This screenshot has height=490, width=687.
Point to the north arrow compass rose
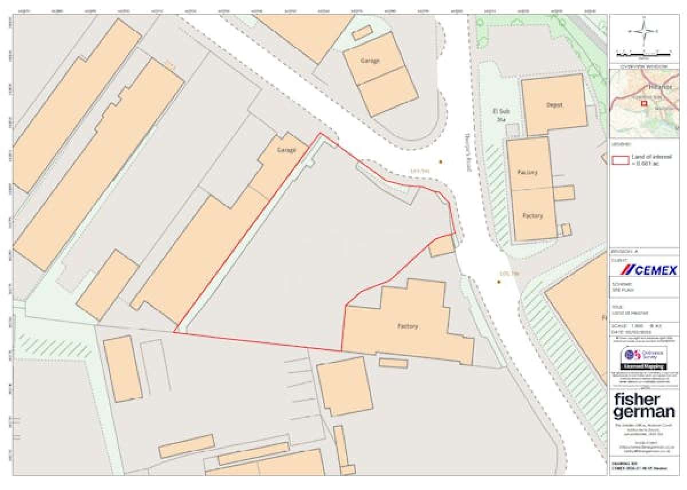(x=644, y=31)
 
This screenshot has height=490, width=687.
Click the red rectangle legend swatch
(x=621, y=159)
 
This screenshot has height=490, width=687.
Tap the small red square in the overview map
(x=643, y=104)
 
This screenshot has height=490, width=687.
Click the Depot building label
(x=554, y=105)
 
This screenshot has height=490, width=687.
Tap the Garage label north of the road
(x=370, y=61)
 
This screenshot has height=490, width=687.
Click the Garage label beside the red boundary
(x=287, y=150)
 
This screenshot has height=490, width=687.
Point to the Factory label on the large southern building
(x=408, y=326)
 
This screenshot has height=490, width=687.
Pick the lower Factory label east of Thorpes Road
(x=532, y=216)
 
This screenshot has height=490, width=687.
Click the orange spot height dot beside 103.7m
(x=441, y=162)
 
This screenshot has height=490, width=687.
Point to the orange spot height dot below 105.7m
(x=499, y=282)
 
